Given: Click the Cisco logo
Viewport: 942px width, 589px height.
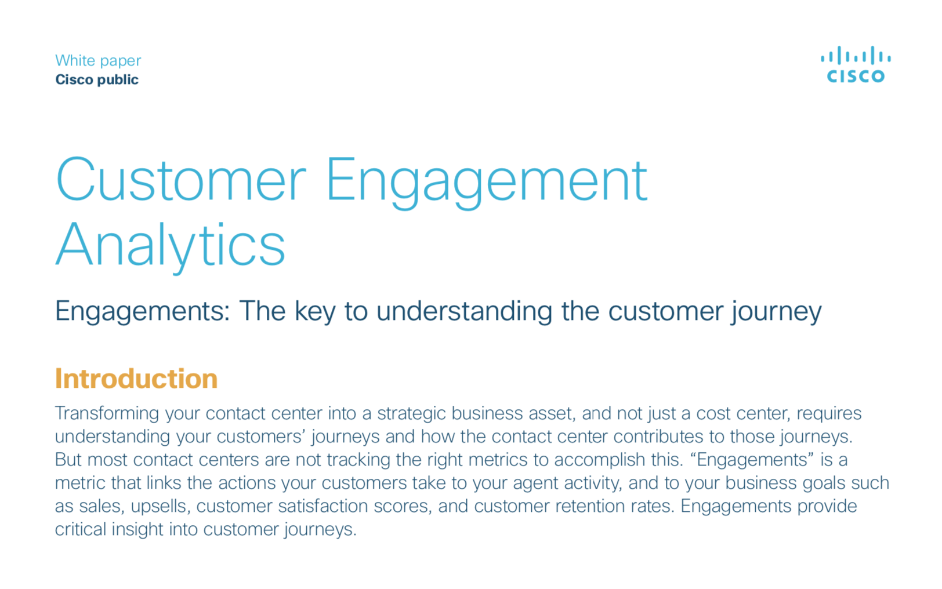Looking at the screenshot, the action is [856, 64].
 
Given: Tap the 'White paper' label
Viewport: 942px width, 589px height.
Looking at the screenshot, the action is [98, 60].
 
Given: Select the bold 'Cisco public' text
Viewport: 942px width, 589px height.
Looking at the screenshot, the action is [97, 79].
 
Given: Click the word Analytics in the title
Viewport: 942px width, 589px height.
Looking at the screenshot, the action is [171, 245].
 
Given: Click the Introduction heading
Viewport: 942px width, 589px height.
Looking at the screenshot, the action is [136, 379].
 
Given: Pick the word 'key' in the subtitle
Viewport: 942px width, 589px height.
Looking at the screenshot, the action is [314, 311].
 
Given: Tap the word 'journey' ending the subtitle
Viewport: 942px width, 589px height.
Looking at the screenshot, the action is [776, 311].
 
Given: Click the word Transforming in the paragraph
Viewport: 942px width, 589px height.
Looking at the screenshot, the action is [107, 414].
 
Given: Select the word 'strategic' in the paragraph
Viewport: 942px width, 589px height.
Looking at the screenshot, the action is [411, 414].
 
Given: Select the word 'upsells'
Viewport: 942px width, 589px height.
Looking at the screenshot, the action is [161, 506].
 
